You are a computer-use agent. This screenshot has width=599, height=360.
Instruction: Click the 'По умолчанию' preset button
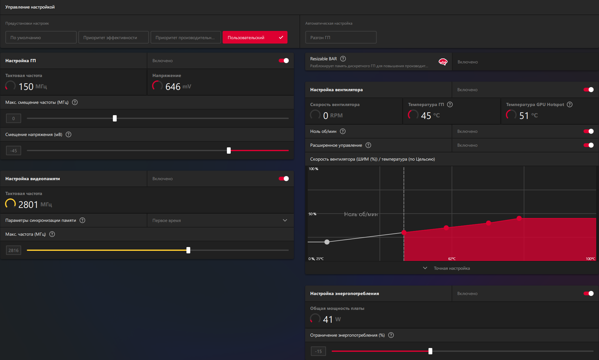click(41, 37)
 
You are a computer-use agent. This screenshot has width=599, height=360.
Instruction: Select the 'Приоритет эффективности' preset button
click(113, 37)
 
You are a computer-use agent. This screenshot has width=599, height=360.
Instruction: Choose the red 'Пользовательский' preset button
click(255, 37)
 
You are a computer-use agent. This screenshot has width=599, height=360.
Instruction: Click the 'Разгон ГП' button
click(341, 37)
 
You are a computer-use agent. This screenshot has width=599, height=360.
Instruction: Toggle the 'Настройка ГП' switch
click(284, 61)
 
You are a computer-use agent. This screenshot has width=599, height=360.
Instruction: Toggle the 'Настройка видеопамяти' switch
click(284, 179)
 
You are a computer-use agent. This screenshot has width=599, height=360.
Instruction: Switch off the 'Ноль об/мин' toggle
click(589, 131)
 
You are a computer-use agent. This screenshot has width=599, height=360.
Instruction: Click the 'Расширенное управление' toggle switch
click(589, 145)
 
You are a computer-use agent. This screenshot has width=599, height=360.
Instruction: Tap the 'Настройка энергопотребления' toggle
click(589, 293)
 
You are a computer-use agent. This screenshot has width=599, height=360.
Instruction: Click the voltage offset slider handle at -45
click(229, 150)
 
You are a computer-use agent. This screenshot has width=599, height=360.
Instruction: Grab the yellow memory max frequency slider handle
click(188, 250)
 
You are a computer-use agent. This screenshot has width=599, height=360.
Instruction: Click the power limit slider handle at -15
click(430, 351)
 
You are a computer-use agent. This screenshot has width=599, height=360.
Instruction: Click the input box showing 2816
click(14, 250)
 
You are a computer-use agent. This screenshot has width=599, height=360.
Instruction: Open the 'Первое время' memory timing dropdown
click(220, 220)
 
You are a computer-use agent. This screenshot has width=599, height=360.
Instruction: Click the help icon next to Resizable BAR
click(343, 59)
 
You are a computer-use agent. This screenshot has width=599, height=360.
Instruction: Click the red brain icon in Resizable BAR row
click(443, 62)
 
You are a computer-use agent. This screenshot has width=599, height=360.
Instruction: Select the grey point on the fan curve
click(327, 242)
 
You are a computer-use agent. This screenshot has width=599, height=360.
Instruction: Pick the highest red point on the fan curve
click(519, 218)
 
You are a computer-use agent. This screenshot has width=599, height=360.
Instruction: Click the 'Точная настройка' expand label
click(452, 268)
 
